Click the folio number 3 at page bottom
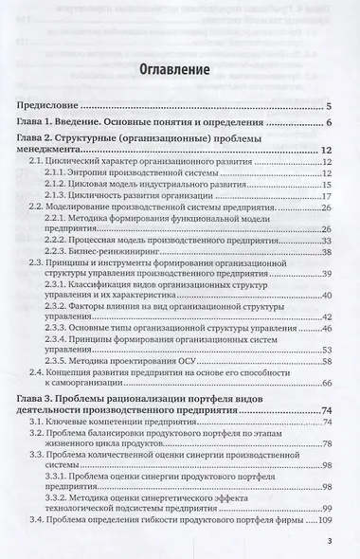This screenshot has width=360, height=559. [x=327, y=542]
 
